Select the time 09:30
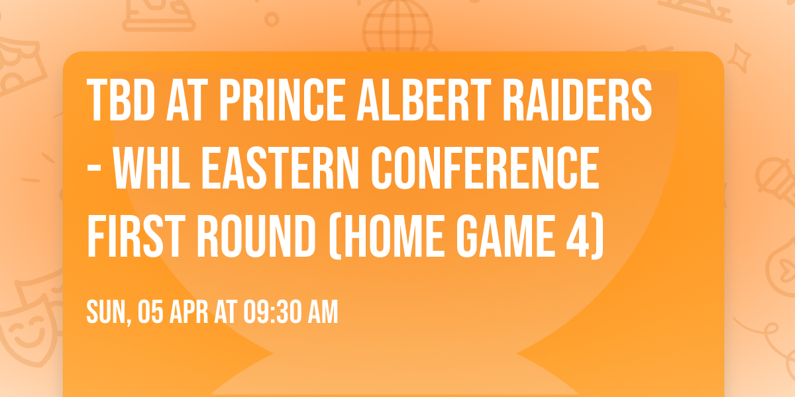tap(272, 312)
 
